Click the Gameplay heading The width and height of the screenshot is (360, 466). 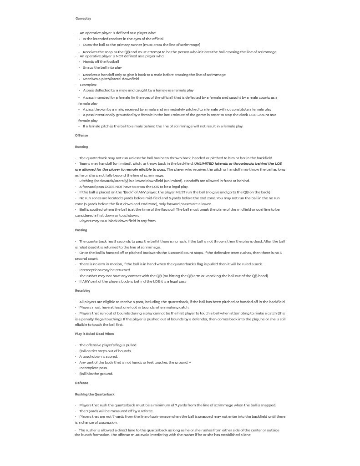coord(83,19)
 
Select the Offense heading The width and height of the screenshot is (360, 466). coord(81,136)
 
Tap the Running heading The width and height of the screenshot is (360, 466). coord(81,147)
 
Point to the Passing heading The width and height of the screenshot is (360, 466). coord(81,230)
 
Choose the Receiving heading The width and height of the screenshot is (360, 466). coord(82,291)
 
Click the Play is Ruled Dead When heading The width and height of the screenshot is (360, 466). coord(94,334)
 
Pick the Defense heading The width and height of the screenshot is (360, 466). coord(81,383)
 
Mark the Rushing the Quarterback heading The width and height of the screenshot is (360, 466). coord(95,395)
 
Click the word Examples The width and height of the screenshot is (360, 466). coord(88,85)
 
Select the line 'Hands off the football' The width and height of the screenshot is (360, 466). coord(101,62)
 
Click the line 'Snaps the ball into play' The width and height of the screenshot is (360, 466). coord(102,68)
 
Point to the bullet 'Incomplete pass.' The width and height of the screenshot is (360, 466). coord(93,368)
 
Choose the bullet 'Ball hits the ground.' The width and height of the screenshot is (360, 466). coord(96,374)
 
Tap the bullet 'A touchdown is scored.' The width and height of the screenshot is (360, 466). coord(98,357)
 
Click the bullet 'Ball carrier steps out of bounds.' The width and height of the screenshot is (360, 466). coord(105,351)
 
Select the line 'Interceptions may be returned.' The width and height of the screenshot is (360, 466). coord(105,270)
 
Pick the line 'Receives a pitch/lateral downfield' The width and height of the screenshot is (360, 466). coord(111,79)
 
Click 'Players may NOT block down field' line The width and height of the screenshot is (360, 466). coord(117,221)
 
